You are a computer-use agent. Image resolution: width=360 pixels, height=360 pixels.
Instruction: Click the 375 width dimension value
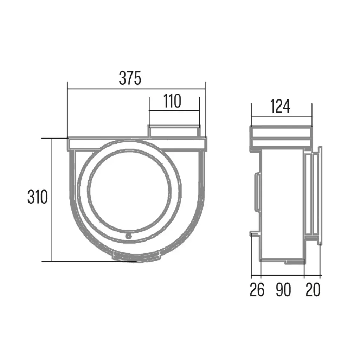130,78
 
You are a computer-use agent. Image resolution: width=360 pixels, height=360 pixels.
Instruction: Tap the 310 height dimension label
37,198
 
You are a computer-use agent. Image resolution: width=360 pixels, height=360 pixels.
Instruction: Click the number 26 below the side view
257,290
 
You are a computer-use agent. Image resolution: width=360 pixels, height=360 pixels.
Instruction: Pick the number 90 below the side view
283,290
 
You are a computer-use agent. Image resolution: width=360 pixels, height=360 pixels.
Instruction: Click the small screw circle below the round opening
129,236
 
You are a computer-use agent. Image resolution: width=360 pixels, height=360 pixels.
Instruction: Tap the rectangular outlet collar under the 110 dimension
174,131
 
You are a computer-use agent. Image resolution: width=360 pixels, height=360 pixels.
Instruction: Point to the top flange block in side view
281,137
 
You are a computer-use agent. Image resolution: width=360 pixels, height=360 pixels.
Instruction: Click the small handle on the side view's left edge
257,192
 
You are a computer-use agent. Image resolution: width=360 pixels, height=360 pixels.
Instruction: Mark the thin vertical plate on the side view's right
320,195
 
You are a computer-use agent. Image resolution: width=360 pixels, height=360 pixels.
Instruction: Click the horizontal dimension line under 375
136,89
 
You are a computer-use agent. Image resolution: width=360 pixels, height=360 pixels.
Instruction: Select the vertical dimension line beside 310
51,200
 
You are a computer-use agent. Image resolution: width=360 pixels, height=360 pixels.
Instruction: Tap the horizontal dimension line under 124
281,117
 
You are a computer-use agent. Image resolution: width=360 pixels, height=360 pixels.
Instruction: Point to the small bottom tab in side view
294,262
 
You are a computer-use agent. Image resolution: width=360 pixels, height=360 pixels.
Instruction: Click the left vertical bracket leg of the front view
73,176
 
